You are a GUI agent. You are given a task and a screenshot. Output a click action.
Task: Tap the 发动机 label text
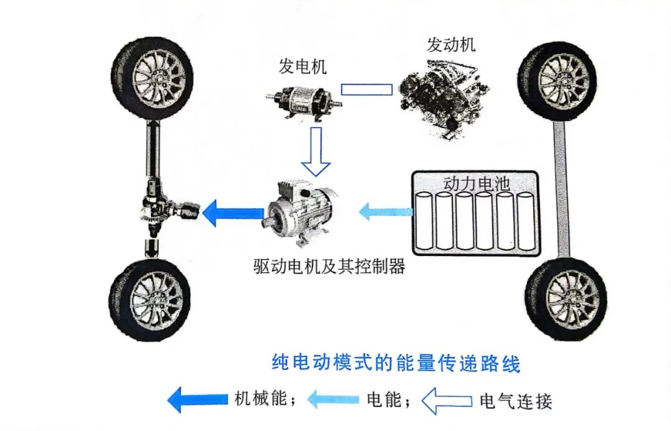click(451, 45)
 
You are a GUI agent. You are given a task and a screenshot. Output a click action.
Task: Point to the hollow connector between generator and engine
click(367, 89)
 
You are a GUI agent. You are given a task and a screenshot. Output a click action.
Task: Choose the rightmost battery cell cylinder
click(525, 221)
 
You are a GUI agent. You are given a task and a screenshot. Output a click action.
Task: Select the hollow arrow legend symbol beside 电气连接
click(446, 401)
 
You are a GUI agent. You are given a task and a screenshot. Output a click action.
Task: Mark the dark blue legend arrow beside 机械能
click(197, 399)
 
